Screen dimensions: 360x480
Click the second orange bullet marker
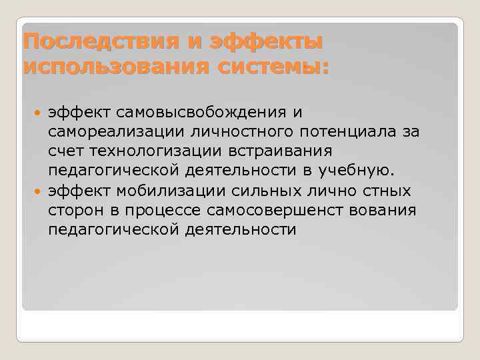pyautogui.click(x=38, y=191)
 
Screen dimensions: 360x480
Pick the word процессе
pyautogui.click(x=159, y=211)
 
